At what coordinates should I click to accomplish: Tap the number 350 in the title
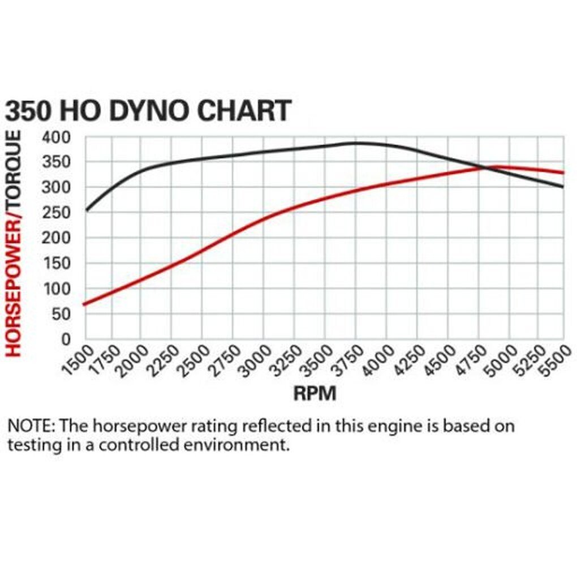(28, 110)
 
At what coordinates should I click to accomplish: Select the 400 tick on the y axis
(55, 137)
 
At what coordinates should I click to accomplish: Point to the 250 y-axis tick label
(55, 213)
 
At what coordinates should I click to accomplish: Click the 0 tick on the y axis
(66, 339)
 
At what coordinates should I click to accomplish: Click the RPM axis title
(315, 393)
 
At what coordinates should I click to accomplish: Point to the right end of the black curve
(563, 187)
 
